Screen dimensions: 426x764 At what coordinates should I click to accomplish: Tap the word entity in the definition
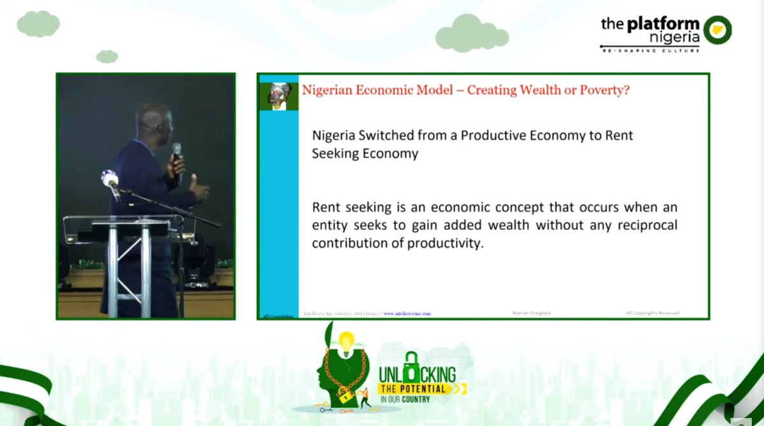click(329, 225)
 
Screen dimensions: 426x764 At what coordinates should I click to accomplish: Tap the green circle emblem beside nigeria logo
click(718, 29)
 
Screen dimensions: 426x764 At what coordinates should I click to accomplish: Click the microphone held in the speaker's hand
click(177, 154)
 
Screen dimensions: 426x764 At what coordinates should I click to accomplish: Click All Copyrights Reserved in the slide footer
click(652, 313)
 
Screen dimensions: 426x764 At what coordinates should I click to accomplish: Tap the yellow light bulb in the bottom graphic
click(346, 344)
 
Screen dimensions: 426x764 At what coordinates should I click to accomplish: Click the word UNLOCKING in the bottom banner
click(417, 374)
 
